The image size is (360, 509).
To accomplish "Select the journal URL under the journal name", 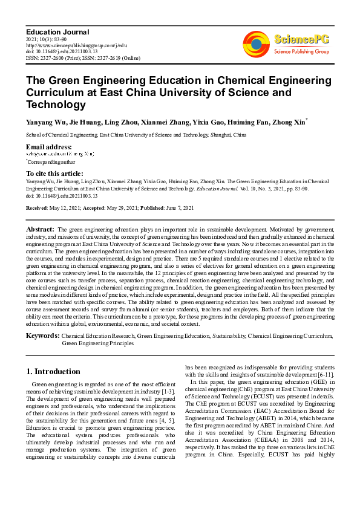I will (x=76, y=45).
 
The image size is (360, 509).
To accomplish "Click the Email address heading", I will (x=48, y=147).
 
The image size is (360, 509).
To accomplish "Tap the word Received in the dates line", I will (x=38, y=207).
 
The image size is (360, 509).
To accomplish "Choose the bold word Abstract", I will (x=40, y=230).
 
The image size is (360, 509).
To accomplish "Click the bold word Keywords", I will (x=42, y=334).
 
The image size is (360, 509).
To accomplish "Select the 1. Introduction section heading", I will (x=53, y=371).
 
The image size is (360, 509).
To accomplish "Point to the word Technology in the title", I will (x=56, y=105).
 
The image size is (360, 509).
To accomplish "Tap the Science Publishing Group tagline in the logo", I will (x=301, y=52).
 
